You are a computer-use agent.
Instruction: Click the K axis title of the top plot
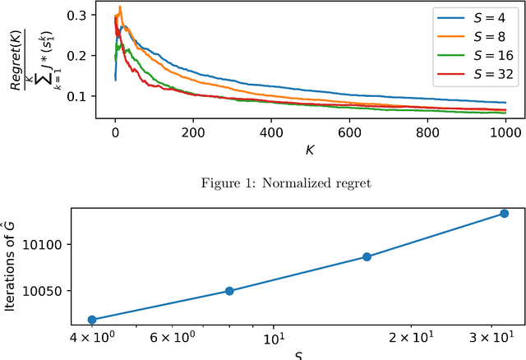click(x=309, y=150)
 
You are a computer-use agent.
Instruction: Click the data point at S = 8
click(x=229, y=291)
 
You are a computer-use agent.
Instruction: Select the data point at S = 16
click(x=367, y=256)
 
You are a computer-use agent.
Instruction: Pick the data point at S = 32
click(x=504, y=214)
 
